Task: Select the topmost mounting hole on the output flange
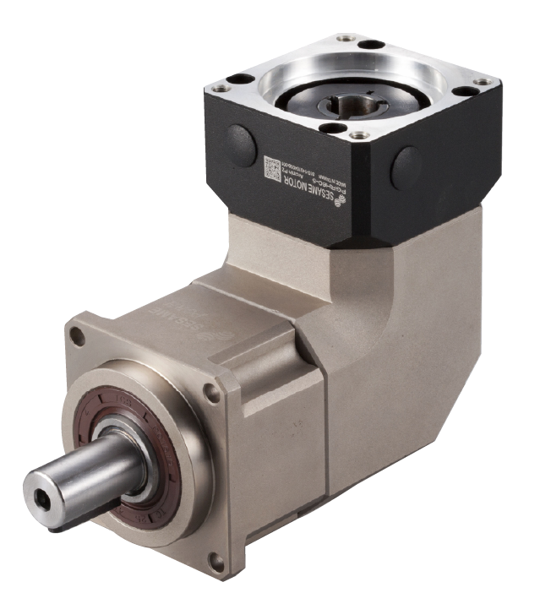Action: pos(79,336)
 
